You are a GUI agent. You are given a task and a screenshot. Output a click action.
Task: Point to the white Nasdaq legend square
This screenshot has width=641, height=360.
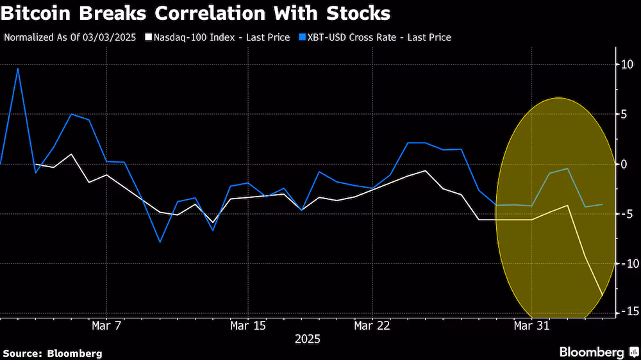(x=149, y=37)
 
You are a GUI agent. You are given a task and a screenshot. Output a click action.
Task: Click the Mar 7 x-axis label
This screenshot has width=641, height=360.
(x=106, y=326)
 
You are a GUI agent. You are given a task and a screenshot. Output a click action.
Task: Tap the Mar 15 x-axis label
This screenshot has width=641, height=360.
(x=247, y=326)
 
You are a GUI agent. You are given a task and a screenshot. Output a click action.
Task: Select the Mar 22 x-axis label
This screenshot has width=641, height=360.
(x=372, y=326)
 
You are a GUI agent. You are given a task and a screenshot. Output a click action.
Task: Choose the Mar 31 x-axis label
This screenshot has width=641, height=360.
(x=532, y=326)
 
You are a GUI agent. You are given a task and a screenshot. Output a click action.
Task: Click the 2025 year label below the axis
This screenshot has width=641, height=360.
(x=307, y=339)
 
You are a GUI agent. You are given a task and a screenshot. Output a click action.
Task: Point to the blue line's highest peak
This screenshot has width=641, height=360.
(x=18, y=69)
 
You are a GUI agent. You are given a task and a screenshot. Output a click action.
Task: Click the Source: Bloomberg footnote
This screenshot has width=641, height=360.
(x=53, y=353)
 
